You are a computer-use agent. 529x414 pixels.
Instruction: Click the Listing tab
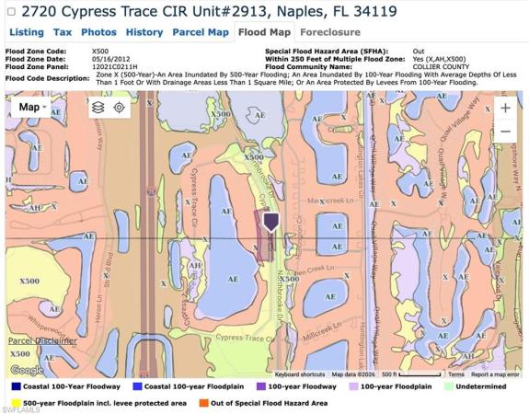[x=26, y=32]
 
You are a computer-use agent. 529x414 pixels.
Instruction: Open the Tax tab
[x=63, y=32]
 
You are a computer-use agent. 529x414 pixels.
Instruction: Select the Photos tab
[x=98, y=32]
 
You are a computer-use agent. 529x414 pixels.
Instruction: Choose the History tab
[x=144, y=32]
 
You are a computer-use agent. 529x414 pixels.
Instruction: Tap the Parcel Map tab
[x=201, y=32]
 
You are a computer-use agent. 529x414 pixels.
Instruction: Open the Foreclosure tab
[x=317, y=32]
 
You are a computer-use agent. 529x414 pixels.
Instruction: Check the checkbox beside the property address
[x=11, y=12]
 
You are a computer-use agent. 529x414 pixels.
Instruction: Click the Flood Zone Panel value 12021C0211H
[x=115, y=67]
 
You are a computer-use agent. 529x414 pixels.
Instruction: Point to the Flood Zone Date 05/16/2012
[x=110, y=59]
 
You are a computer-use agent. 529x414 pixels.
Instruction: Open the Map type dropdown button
[x=33, y=107]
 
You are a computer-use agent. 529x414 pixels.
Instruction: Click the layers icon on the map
[x=98, y=108]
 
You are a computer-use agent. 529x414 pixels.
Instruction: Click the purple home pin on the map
[x=270, y=222]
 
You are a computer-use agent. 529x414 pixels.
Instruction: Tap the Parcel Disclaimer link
[x=42, y=340]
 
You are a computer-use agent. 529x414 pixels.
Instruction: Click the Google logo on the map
[x=26, y=370]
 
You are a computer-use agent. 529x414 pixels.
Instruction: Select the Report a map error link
[x=494, y=375]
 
